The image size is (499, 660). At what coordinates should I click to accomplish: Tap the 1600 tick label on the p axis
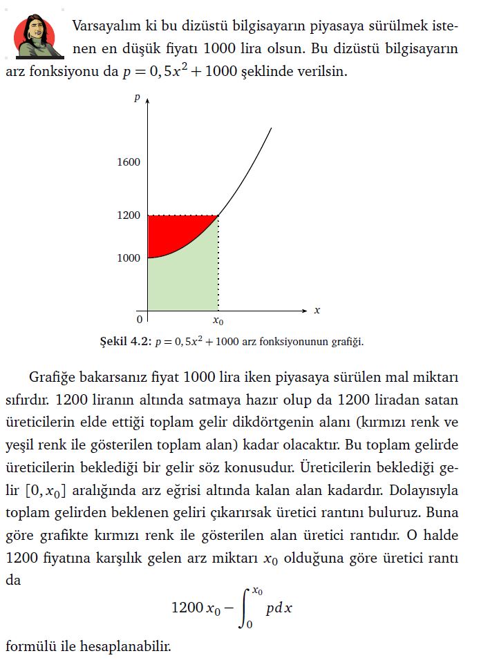[129, 163]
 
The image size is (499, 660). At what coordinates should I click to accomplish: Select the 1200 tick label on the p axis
[129, 216]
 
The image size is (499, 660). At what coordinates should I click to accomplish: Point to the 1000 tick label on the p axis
[129, 258]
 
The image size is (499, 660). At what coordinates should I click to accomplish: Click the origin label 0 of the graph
[139, 320]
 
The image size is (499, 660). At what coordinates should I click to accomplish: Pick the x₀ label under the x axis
[218, 321]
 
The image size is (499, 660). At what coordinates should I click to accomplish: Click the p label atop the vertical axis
[138, 98]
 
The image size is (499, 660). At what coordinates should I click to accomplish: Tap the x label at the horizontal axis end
[317, 311]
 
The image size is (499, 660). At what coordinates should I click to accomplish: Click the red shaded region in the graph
[166, 231]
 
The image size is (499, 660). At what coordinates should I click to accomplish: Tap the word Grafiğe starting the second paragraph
[55, 378]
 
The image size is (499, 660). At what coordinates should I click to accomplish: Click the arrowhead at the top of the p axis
[148, 101]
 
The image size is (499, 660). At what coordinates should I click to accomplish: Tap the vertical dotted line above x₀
[218, 262]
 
